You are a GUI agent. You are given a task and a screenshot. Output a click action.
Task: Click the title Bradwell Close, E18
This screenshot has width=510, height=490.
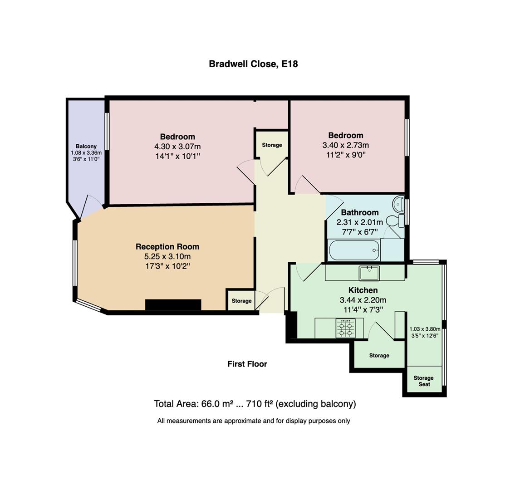[253, 64]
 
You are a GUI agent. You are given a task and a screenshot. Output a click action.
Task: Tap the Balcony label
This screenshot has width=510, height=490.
[86, 146]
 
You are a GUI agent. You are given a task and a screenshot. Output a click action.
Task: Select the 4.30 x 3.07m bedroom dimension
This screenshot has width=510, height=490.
[177, 147]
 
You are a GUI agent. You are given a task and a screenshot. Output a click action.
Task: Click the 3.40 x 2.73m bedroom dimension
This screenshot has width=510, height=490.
[345, 145]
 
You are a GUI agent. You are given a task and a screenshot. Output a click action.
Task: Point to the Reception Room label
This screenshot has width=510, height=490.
[167, 247]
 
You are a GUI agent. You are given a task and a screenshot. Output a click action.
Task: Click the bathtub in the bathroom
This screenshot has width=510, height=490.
[353, 250]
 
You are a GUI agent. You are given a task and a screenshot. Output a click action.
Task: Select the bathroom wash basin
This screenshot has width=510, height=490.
[398, 204]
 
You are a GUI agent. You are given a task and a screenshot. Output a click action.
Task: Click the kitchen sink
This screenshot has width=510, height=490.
[369, 273]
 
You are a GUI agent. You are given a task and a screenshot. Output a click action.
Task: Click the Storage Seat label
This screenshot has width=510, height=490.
[423, 381]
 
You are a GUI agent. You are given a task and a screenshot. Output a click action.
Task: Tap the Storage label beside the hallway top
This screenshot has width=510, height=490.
[272, 145]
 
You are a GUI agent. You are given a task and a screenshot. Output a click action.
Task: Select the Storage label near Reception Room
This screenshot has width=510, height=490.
[241, 301]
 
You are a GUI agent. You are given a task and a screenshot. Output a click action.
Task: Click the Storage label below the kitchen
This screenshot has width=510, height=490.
[379, 356]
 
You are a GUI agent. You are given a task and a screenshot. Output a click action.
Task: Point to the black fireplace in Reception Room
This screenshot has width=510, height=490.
[173, 305]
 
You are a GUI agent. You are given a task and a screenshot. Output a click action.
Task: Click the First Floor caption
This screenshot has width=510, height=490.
[247, 364]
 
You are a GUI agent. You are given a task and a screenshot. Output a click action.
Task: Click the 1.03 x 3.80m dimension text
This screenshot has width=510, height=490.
[424, 329]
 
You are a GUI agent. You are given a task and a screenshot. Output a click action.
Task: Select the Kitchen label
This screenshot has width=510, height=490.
[363, 290]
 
